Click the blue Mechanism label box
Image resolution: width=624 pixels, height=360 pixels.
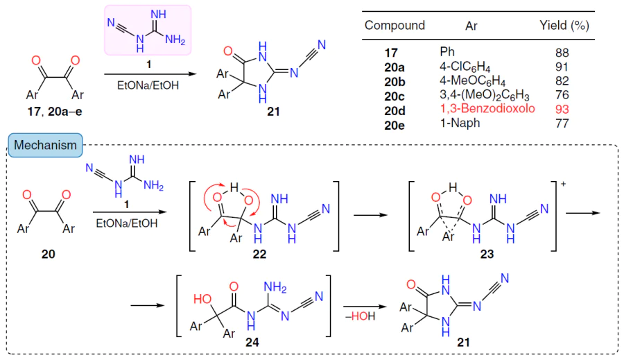pyautogui.click(x=45, y=145)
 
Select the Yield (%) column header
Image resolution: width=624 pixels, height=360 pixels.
pyautogui.click(x=564, y=26)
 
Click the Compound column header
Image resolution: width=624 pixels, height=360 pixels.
pyautogui.click(x=395, y=26)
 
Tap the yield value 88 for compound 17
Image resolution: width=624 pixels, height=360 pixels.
pyautogui.click(x=562, y=53)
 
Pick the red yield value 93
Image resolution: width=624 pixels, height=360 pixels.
pyautogui.click(x=562, y=109)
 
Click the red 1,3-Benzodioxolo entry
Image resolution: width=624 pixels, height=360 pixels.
pyautogui.click(x=487, y=108)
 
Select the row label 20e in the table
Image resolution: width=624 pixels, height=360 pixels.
pyautogui.click(x=395, y=125)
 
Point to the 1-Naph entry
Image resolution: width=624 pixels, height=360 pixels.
pyautogui.click(x=460, y=123)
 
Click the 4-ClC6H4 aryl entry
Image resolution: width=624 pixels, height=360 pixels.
pyautogui.click(x=465, y=67)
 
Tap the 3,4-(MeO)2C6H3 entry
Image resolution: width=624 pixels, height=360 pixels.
pyautogui.click(x=485, y=96)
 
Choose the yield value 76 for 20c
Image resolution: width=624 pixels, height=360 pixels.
pyautogui.click(x=562, y=95)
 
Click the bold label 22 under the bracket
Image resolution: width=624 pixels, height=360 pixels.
pyautogui.click(x=259, y=254)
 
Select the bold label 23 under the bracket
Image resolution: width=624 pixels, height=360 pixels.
pyautogui.click(x=487, y=254)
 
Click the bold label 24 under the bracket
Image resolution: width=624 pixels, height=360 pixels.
pyautogui.click(x=252, y=342)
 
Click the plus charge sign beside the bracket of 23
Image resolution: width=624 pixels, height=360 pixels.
pyautogui.click(x=563, y=184)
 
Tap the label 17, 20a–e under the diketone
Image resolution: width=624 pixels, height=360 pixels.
pyautogui.click(x=55, y=112)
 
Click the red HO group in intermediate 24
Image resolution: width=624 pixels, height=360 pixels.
pyautogui.click(x=202, y=299)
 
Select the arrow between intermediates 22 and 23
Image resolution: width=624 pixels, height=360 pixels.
pyautogui.click(x=370, y=215)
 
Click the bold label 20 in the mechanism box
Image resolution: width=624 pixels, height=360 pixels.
pyautogui.click(x=48, y=254)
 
